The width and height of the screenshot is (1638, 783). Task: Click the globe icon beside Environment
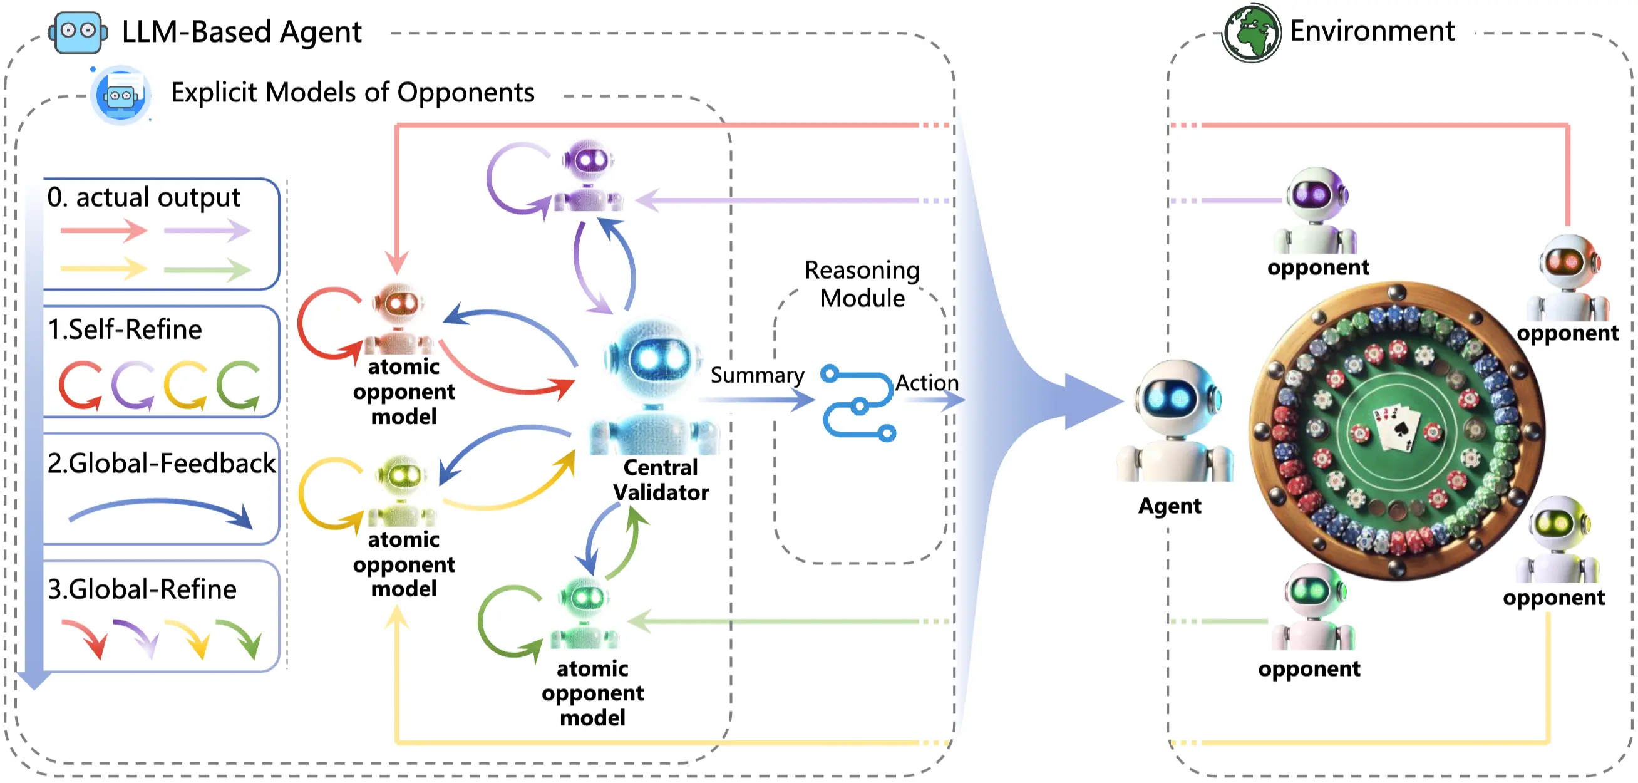[1252, 33]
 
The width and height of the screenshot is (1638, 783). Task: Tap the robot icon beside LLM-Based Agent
[78, 32]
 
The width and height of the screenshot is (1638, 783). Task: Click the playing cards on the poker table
[1397, 428]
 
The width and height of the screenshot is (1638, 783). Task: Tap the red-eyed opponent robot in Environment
[1568, 277]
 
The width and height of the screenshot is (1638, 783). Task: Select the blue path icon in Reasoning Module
[858, 402]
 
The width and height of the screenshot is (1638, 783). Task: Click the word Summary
[756, 375]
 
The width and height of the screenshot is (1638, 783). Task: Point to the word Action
[927, 383]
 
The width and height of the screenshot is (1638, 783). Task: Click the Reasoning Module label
[862, 284]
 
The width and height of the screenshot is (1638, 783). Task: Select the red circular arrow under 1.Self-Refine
[80, 385]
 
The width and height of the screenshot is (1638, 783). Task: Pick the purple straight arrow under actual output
[207, 231]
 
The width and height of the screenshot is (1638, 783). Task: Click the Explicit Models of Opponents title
[353, 93]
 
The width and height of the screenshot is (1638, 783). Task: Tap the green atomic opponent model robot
[584, 614]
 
